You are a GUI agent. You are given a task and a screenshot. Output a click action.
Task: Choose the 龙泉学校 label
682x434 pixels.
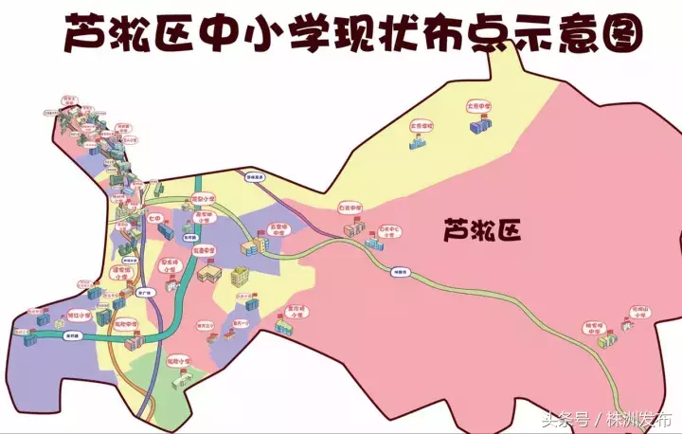click(421, 125)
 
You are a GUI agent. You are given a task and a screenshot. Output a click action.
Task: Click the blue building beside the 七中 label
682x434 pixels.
click(167, 231)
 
